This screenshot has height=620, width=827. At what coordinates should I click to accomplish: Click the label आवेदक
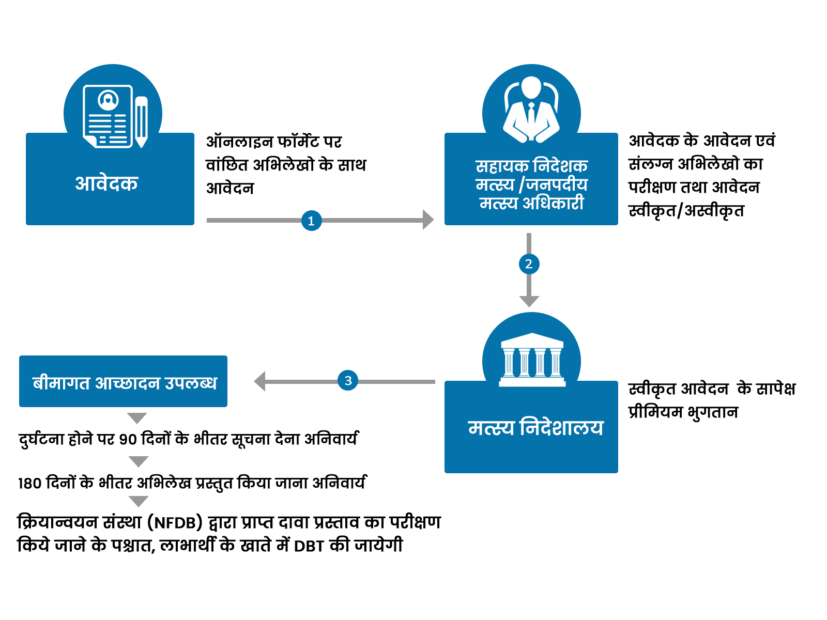tap(106, 183)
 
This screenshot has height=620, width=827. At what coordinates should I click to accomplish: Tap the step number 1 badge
tap(311, 221)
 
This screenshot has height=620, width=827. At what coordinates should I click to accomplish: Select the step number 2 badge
tap(529, 264)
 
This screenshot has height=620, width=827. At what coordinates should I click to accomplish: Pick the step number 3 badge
tap(348, 381)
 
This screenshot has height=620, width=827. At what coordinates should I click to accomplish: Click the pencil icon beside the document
tap(141, 121)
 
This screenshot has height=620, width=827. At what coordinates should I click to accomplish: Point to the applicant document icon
tap(108, 116)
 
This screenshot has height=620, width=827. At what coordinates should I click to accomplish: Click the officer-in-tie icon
tap(531, 110)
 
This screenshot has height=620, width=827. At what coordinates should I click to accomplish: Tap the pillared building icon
tap(532, 360)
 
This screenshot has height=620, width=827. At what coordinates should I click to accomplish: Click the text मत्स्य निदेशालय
tap(535, 428)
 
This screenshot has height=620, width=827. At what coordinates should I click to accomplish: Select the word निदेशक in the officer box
tap(560, 166)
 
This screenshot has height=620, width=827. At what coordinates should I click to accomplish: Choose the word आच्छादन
tap(127, 383)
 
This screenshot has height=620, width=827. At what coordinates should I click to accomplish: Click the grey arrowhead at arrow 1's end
tap(428, 220)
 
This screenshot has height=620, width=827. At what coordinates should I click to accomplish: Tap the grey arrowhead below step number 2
tap(529, 302)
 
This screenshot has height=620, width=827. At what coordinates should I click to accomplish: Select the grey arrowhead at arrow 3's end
tap(259, 381)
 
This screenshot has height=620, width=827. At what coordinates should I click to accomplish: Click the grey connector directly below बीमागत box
tap(137, 419)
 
